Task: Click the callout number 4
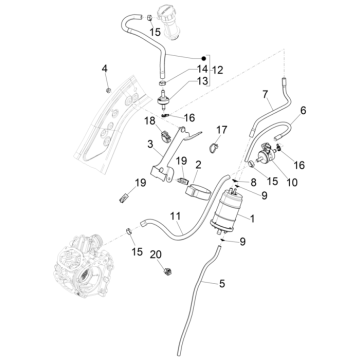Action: pos(104,68)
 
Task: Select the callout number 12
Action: pos(217,71)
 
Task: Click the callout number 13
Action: pos(202,82)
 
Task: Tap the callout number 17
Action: pos(222,129)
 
